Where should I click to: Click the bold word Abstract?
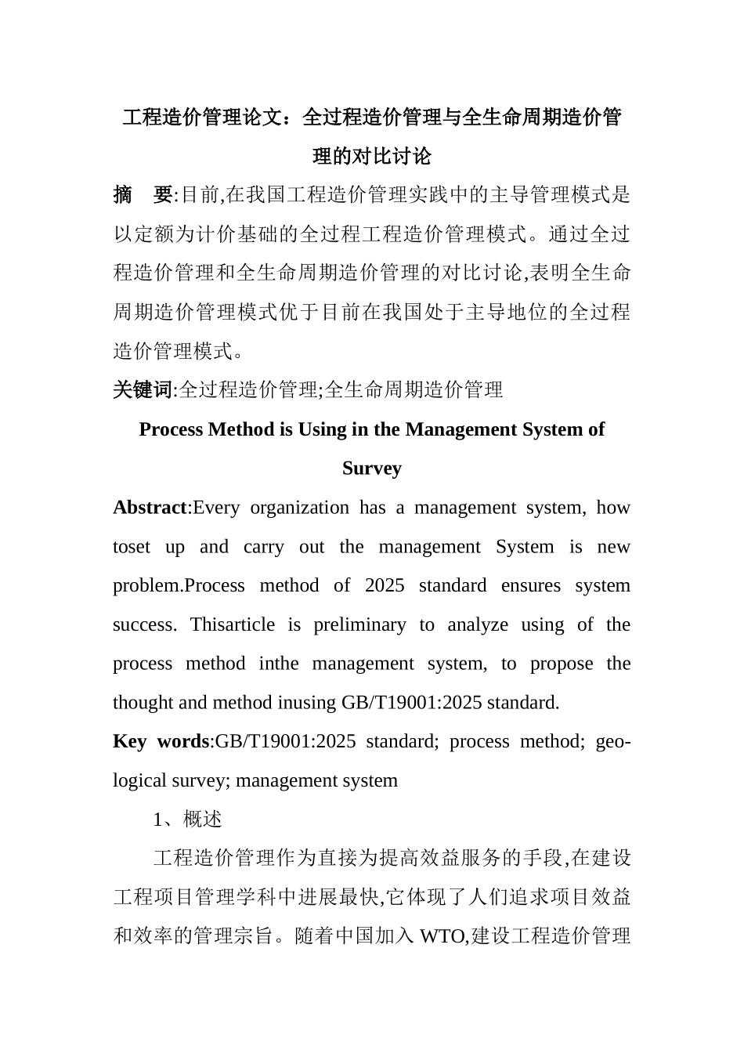tap(150, 508)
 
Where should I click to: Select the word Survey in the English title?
tap(371, 469)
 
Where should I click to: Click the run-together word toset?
tap(131, 547)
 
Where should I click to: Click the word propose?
tap(562, 664)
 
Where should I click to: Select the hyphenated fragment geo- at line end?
tap(613, 741)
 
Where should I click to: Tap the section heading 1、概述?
tap(188, 820)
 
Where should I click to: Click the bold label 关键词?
tap(142, 389)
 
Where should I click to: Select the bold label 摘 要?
tap(142, 194)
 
